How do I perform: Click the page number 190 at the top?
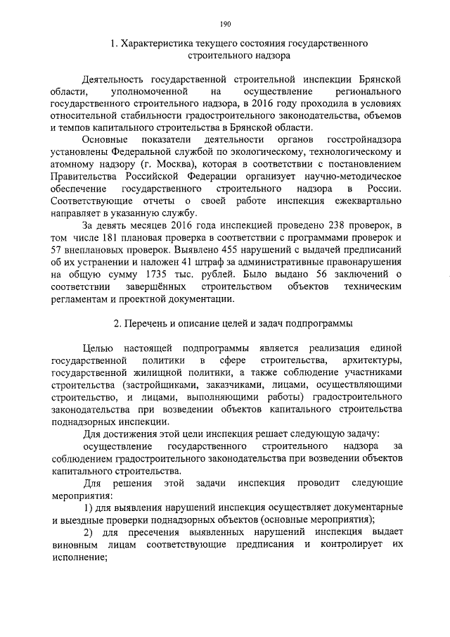point(225,24)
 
